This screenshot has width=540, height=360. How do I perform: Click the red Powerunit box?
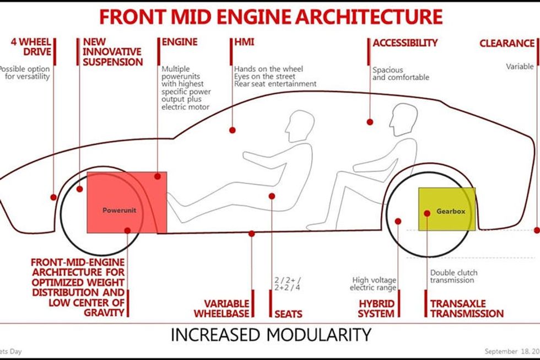[127, 202]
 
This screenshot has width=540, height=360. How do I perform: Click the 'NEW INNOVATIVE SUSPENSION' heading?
[112, 52]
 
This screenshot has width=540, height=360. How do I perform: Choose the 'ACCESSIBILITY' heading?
[405, 42]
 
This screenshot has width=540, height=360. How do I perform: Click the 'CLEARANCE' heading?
[506, 43]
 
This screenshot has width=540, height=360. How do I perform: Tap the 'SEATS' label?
[288, 314]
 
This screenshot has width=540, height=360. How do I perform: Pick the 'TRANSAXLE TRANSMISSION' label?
[467, 308]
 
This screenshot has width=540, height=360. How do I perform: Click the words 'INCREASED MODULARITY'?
[270, 334]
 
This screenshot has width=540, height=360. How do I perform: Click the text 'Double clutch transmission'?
[453, 276]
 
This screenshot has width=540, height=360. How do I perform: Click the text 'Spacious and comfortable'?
[401, 74]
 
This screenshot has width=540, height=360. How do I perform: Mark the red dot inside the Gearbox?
[426, 212]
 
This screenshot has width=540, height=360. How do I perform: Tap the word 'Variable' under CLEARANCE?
[520, 67]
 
